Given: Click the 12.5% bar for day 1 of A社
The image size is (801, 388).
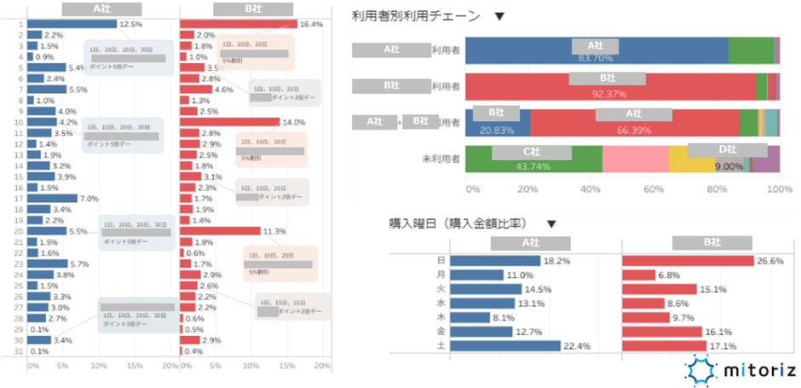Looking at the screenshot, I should pyautogui.click(x=72, y=24).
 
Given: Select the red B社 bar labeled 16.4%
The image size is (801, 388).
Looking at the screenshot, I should pyautogui.click(x=238, y=24).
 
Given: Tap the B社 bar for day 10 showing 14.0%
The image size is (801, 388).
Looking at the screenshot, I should pyautogui.click(x=229, y=122).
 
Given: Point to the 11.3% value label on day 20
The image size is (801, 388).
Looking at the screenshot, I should pyautogui.click(x=274, y=231).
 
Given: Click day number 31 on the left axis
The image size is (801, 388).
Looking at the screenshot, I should pyautogui.click(x=19, y=350).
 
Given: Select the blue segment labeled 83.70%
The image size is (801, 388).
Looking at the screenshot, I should pyautogui.click(x=596, y=51).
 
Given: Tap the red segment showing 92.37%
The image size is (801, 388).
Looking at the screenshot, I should pyautogui.click(x=610, y=87).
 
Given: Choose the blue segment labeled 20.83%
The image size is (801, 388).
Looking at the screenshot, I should pyautogui.click(x=498, y=123).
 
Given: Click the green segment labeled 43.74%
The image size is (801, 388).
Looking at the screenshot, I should pyautogui.click(x=534, y=159).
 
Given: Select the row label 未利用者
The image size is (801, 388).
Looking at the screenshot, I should pyautogui.click(x=441, y=159).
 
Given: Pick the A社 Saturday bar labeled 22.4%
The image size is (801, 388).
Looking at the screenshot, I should pyautogui.click(x=504, y=345).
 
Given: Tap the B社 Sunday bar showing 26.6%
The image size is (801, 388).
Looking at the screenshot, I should pyautogui.click(x=688, y=261).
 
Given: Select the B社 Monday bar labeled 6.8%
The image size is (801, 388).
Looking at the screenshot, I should pyautogui.click(x=639, y=275).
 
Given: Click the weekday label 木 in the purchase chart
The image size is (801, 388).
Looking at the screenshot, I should pyautogui.click(x=441, y=317).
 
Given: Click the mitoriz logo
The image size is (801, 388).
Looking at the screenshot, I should pyautogui.click(x=740, y=370).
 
